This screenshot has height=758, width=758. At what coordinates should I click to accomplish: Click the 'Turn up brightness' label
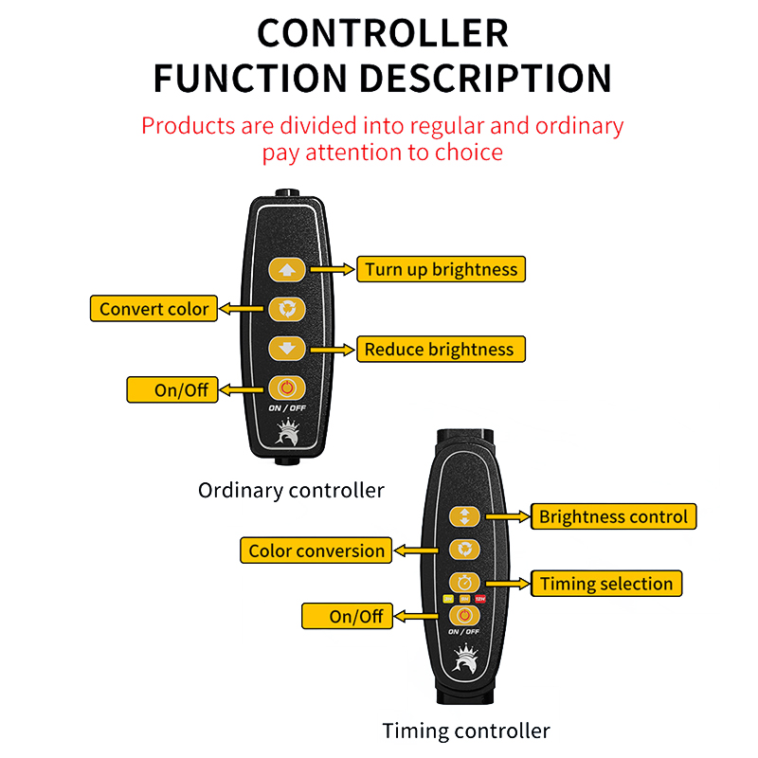click(441, 269)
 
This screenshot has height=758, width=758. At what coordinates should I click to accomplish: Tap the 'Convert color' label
click(153, 309)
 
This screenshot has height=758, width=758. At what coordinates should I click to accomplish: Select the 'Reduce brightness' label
click(440, 350)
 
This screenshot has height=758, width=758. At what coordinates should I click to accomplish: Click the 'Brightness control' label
click(613, 517)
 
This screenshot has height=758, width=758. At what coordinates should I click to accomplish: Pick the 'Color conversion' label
click(316, 550)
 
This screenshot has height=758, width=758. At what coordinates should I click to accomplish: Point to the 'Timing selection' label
click(606, 584)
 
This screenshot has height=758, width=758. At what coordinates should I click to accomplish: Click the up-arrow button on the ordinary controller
click(287, 269)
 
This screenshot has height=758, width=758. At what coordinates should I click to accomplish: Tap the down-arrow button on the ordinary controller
click(287, 349)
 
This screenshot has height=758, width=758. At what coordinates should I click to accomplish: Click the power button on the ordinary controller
click(287, 388)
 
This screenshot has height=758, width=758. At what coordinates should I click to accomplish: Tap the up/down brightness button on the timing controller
click(464, 516)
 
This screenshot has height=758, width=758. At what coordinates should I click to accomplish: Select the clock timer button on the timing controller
click(464, 582)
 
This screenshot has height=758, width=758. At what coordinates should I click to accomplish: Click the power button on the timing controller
click(464, 616)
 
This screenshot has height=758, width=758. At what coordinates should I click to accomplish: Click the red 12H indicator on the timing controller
click(480, 599)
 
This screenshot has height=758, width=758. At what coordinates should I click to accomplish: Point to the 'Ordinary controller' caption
click(291, 490)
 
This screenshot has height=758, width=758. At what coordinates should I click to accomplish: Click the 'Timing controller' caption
click(465, 731)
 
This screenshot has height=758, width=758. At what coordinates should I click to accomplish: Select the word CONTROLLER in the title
click(382, 33)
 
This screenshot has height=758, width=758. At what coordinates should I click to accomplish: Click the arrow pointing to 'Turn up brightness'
click(333, 269)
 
